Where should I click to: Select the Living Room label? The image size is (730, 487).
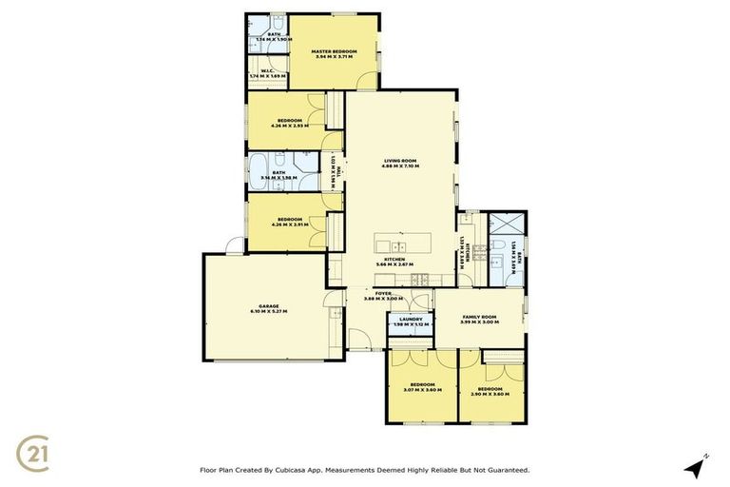pyautogui.click(x=400, y=161)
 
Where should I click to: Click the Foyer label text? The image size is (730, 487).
pyautogui.click(x=383, y=293)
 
